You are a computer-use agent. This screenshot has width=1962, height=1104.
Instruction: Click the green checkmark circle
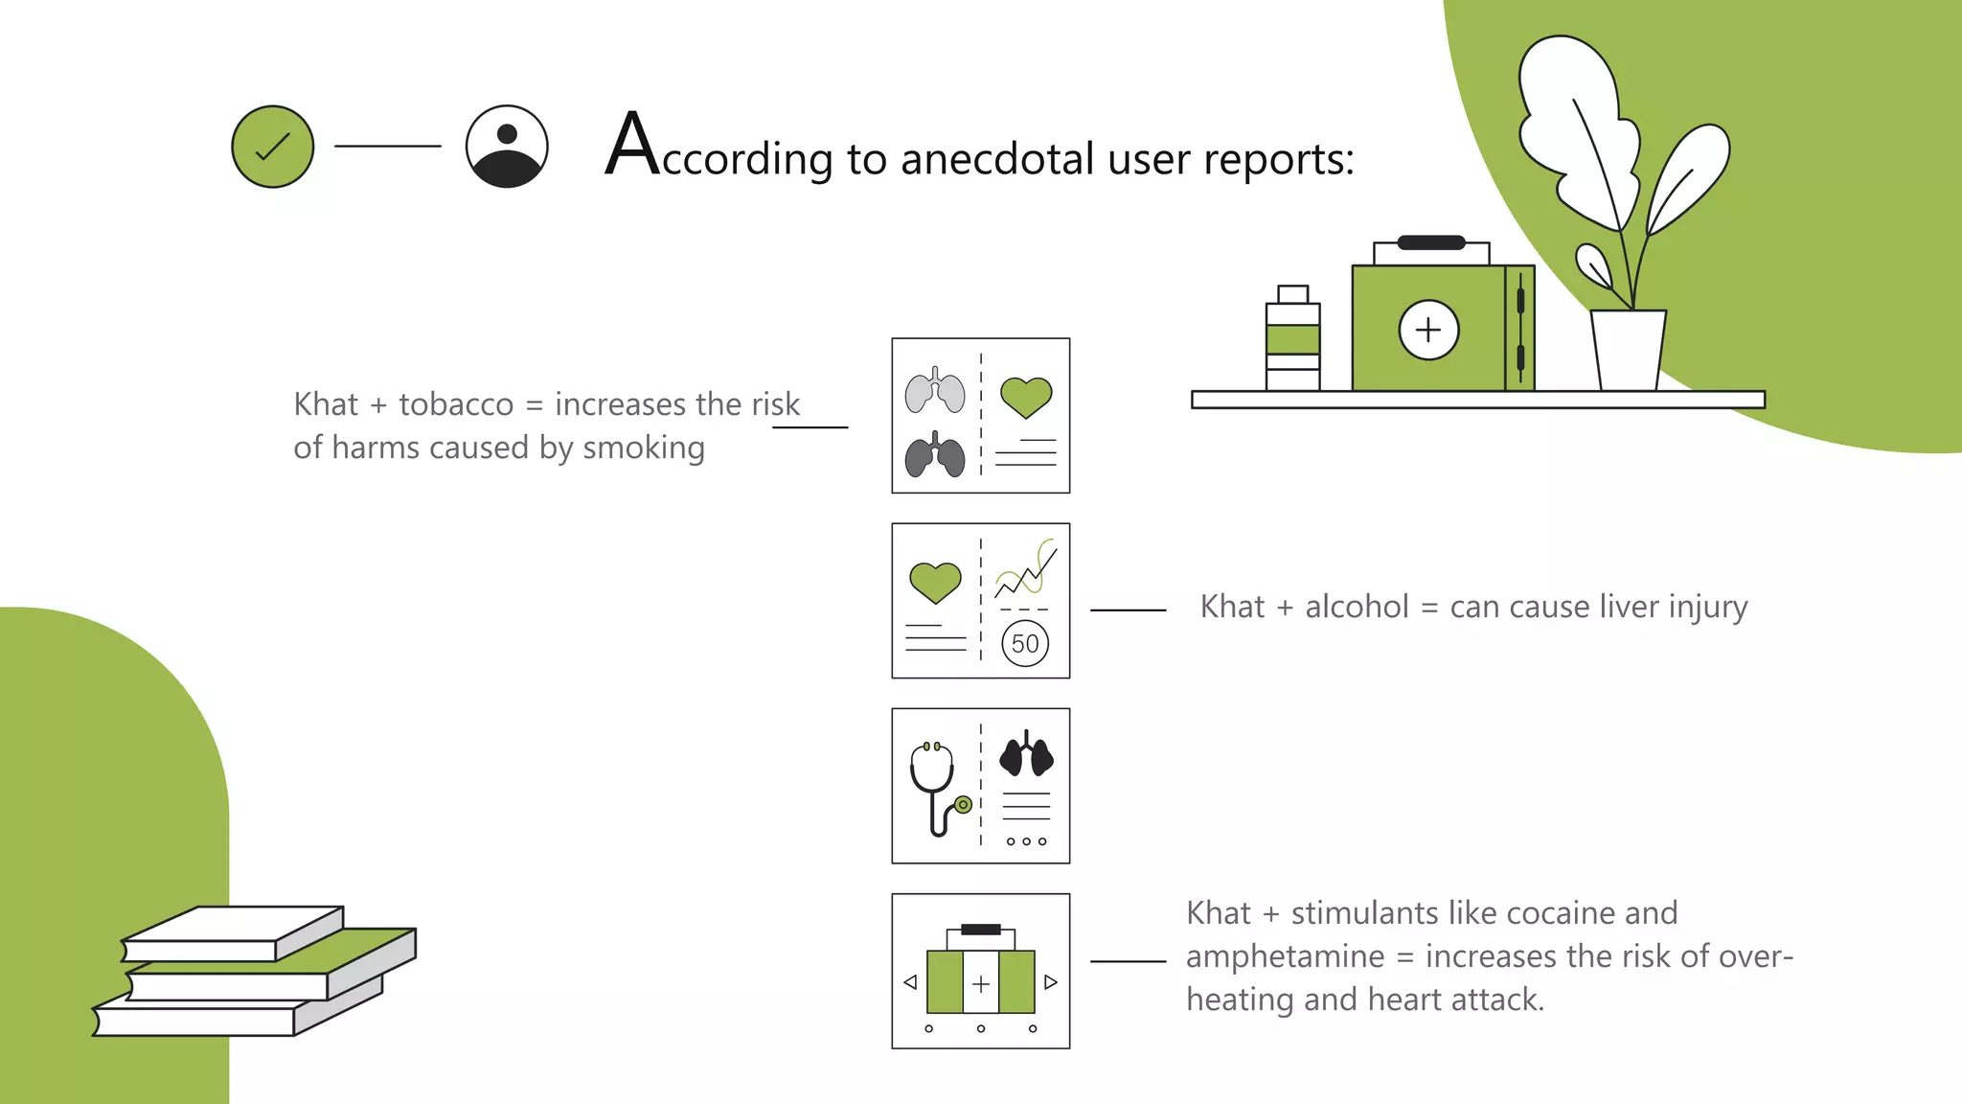(x=273, y=147)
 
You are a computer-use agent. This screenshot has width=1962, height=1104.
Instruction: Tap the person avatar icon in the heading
(x=507, y=147)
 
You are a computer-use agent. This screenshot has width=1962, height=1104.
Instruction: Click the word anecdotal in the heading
(x=997, y=158)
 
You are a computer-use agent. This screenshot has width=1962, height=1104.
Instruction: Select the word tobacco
(x=456, y=404)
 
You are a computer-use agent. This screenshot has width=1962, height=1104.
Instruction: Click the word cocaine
(x=1530, y=913)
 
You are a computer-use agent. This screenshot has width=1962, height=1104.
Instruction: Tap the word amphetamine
(x=1286, y=956)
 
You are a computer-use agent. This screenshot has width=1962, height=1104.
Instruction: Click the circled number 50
(x=1025, y=644)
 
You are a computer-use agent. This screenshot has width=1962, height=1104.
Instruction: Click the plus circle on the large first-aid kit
(x=1428, y=330)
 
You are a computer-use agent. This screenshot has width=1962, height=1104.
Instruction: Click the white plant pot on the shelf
(x=1629, y=350)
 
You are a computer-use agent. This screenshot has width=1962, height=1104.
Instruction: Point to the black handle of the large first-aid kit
(x=1431, y=242)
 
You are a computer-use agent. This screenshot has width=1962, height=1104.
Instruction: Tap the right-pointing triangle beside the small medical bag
(x=1051, y=982)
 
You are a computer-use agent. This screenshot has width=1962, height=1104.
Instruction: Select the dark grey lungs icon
(x=935, y=454)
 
